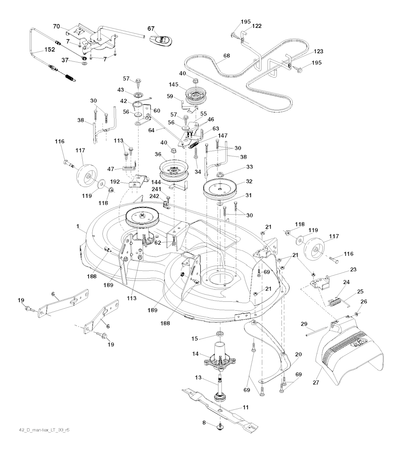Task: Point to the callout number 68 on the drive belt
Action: coord(226,56)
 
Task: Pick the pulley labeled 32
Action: coord(220,189)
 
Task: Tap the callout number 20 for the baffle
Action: coord(298,354)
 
